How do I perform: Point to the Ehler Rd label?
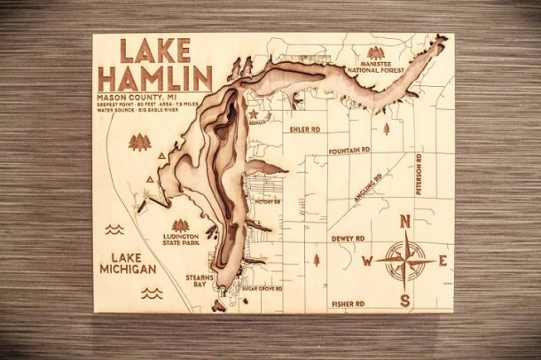pyautogui.click(x=303, y=127)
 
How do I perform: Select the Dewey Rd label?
pyautogui.click(x=348, y=239)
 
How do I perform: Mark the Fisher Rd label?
pyautogui.click(x=348, y=303)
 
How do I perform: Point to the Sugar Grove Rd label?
pyautogui.click(x=263, y=289)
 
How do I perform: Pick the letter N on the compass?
pyautogui.click(x=404, y=222)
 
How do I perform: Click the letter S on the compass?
pyautogui.click(x=404, y=300)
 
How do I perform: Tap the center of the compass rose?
pyautogui.click(x=405, y=261)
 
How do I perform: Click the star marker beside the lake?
pyautogui.click(x=250, y=114)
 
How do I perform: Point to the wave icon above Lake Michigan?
pyautogui.click(x=115, y=229)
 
